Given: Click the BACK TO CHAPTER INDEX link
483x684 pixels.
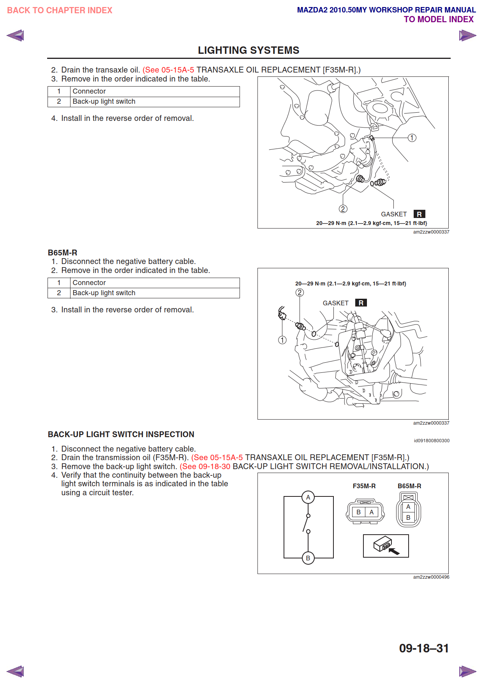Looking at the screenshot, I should (60, 11).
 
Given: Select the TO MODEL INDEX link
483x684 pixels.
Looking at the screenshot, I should (438, 19).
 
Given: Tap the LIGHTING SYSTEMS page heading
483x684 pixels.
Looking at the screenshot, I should (249, 50).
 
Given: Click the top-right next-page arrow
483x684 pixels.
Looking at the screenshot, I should (467, 35).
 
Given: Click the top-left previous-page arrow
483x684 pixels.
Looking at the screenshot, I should (16, 35).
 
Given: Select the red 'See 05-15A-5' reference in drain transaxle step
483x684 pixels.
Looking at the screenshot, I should (168, 70).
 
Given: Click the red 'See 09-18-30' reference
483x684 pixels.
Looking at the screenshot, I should (205, 466).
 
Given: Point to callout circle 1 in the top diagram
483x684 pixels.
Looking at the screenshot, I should (412, 138).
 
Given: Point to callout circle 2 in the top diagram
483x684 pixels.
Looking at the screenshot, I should (343, 209).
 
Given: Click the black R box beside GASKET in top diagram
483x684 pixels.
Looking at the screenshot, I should (419, 214).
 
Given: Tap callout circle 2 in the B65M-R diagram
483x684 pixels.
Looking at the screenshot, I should (300, 292).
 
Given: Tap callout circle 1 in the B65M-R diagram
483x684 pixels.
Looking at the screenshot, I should (282, 340).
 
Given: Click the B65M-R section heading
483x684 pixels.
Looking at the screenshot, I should (63, 253).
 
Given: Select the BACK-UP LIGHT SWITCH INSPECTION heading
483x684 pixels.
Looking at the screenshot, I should (121, 434).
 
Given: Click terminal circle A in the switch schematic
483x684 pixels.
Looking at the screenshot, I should (308, 497).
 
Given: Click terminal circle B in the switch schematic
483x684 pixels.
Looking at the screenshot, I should (308, 558).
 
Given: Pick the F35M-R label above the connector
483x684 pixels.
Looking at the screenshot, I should (364, 486).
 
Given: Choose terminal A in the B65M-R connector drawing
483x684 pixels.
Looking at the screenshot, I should (408, 507).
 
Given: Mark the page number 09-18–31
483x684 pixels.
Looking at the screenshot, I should (424, 648).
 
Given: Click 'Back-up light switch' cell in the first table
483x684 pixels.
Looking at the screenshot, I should (104, 101).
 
